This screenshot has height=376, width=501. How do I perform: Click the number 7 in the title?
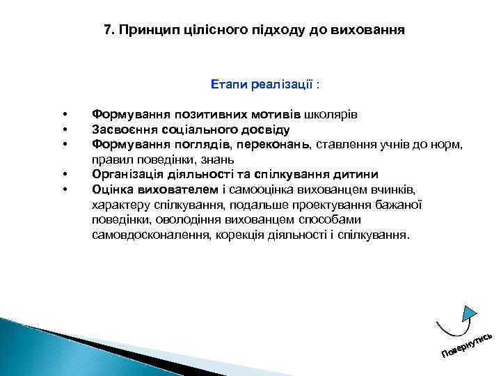(107, 31)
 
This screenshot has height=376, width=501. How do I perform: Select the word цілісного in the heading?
(202, 31)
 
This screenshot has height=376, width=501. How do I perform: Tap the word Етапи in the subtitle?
(227, 84)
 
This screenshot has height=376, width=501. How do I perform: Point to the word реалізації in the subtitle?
(278, 84)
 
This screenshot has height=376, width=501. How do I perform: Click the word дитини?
(356, 174)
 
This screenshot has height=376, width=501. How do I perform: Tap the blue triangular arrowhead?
(470, 313)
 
